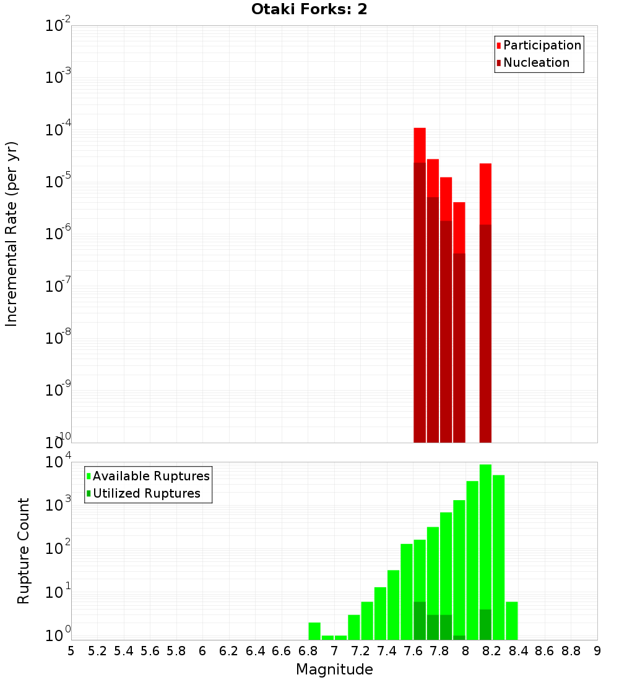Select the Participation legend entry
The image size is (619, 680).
(x=542, y=45)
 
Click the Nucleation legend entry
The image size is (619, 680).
(x=535, y=62)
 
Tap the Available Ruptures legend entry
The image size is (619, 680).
(x=150, y=476)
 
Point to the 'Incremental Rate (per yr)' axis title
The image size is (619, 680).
(x=12, y=234)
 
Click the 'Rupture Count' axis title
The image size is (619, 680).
(x=24, y=551)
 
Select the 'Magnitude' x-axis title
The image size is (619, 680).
(x=334, y=669)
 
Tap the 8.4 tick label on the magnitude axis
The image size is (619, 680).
(x=518, y=650)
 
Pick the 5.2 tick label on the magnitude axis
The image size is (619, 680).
(x=97, y=650)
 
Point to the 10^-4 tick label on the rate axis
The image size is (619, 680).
(x=58, y=130)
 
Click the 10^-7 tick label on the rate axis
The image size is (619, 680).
(x=58, y=286)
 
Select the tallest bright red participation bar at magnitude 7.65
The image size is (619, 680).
(x=420, y=145)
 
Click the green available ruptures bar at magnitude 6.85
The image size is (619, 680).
(x=314, y=631)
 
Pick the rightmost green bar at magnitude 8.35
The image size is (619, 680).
(x=511, y=621)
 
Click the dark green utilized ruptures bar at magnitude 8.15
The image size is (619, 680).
(x=485, y=624)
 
